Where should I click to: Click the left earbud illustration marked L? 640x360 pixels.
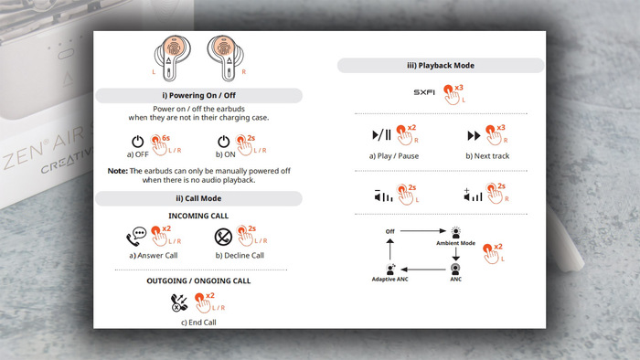click(172, 58)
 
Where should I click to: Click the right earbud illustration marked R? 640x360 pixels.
click(225, 58)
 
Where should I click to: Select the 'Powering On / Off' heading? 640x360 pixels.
click(198, 95)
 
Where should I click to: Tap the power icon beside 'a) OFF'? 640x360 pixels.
click(137, 142)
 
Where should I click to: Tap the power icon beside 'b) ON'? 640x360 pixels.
click(224, 142)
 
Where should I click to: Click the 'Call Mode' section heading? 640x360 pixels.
click(198, 198)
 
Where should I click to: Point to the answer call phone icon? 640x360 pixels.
click(136, 237)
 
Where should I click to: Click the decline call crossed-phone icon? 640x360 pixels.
click(223, 237)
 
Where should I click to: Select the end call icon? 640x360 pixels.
click(179, 303)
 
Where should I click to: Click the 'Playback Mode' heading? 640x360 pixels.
click(441, 65)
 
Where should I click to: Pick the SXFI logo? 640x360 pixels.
click(424, 92)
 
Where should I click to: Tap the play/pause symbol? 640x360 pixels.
click(381, 135)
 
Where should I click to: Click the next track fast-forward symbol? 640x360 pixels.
click(474, 135)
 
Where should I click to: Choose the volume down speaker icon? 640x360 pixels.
click(383, 196)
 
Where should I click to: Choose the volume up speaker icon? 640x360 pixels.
click(473, 196)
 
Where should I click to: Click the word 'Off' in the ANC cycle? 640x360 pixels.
click(390, 231)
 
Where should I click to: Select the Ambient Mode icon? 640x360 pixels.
click(456, 232)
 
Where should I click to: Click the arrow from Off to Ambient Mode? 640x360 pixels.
click(423, 231)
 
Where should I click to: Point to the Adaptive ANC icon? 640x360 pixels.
click(390, 269)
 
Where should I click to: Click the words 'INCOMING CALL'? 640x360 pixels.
click(198, 216)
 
